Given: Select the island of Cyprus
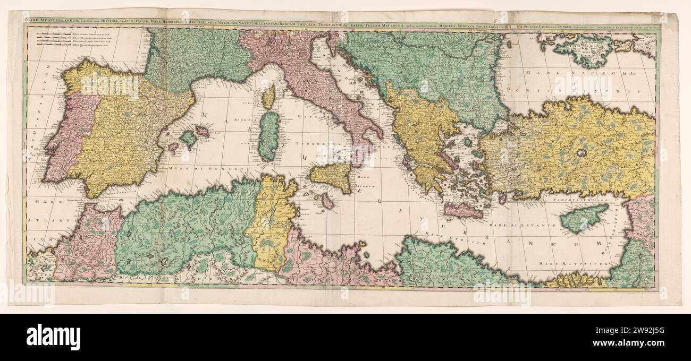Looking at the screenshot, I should tap(582, 218).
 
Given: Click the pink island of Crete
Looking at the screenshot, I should tap(462, 211).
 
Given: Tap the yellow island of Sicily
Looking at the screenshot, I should tap(332, 177).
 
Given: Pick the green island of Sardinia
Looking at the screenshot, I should tap(269, 135).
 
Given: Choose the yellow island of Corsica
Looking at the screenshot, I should tap(269, 97).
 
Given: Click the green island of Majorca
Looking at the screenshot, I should tap(188, 139).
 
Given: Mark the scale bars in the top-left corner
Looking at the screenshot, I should tap(50, 41).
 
